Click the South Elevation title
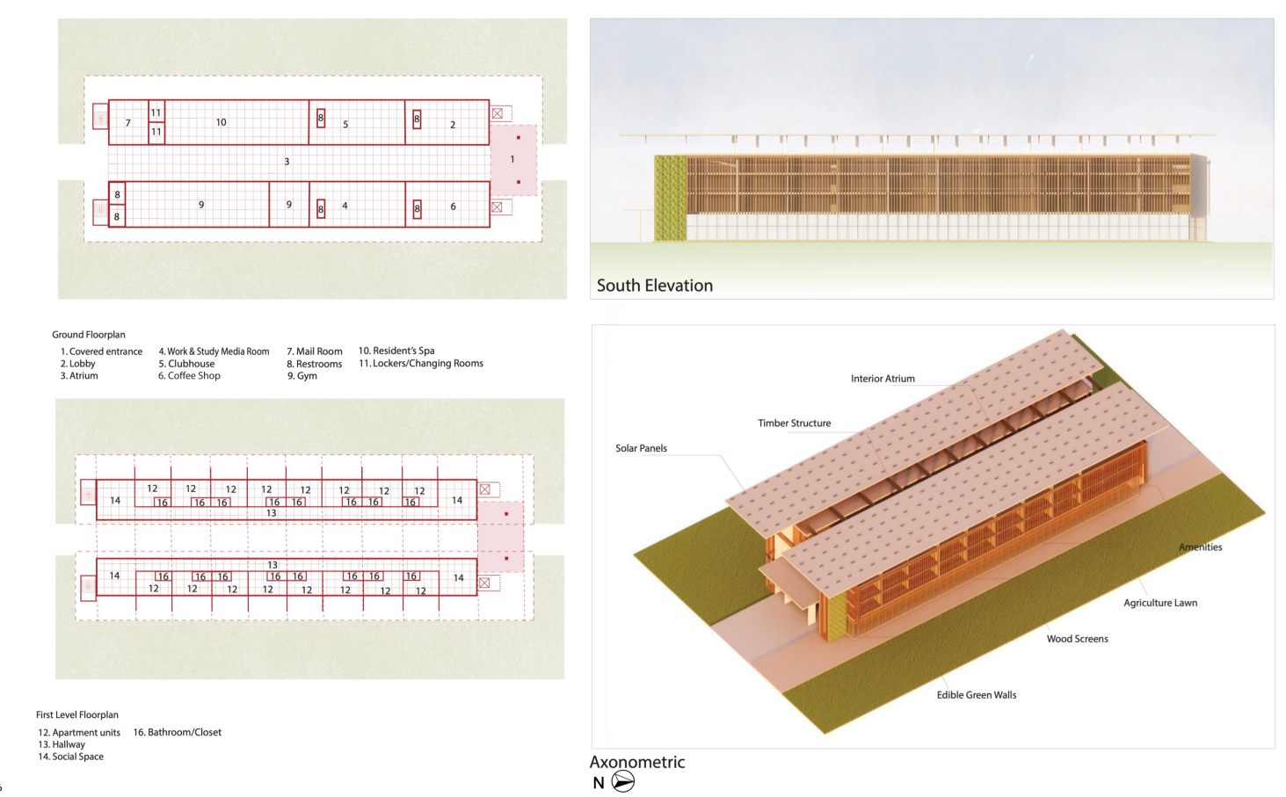(654, 286)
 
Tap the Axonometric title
(636, 762)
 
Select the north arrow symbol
(622, 781)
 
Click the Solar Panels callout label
(641, 448)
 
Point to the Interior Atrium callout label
(883, 379)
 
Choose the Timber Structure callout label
(794, 424)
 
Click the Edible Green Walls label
(976, 695)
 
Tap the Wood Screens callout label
(1077, 639)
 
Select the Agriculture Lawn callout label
(1159, 603)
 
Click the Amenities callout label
(1200, 547)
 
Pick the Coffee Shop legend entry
(189, 376)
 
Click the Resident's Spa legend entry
(396, 351)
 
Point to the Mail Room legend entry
(315, 351)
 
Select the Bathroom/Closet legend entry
(178, 732)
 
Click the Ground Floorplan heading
(88, 335)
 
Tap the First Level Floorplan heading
(77, 715)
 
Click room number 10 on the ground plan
(222, 122)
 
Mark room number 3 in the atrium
(287, 162)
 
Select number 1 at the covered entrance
(512, 159)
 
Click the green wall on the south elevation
(670, 198)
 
